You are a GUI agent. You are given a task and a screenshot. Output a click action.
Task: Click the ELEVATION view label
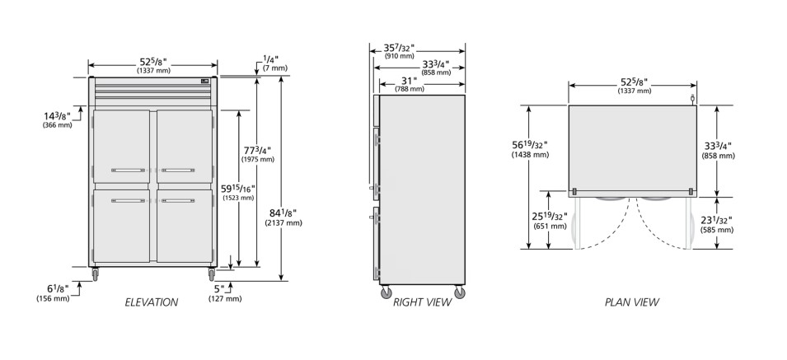pos(151,302)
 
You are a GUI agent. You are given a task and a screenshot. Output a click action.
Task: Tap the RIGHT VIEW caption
pos(422,302)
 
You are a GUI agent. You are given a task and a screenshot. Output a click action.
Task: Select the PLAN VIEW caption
pos(632,302)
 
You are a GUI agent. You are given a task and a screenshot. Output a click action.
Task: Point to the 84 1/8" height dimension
pos(283,217)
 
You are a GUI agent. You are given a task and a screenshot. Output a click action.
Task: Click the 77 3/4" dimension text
pos(257,154)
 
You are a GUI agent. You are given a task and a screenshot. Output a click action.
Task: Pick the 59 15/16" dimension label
pos(238,192)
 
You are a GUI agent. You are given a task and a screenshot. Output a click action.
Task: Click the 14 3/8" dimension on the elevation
pos(57,119)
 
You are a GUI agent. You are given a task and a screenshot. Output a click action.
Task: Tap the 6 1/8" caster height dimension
pos(53,292)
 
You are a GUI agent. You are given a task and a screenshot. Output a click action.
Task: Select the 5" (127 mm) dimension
pos(225,293)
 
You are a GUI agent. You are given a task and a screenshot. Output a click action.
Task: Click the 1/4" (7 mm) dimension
pos(275,63)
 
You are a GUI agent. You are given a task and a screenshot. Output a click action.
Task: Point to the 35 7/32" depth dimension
pos(399,50)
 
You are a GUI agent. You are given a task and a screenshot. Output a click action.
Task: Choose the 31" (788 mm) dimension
pos(409,84)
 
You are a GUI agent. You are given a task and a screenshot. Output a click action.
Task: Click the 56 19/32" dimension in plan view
pos(530,149)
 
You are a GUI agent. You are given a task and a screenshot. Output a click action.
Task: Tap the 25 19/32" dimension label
pos(550,220)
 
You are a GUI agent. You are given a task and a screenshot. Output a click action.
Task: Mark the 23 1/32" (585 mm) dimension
pos(717,224)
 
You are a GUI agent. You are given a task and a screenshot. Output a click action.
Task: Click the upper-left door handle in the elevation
pos(128,171)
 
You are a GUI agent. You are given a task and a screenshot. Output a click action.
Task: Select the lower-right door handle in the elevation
pos(178,200)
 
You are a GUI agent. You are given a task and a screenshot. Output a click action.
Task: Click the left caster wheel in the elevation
pos(95,275)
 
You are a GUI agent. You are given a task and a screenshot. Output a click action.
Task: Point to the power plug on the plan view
pos(692,99)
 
